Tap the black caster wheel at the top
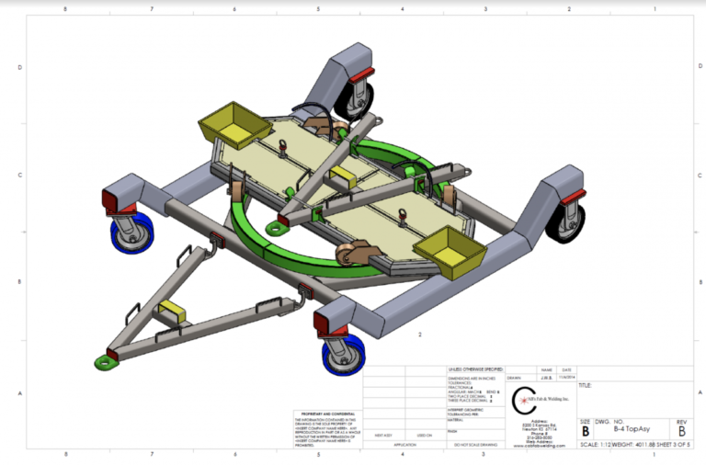click(356, 99)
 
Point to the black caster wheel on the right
click(564, 221)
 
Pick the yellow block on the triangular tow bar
click(171, 312)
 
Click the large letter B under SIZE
click(585, 430)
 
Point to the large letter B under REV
click(681, 430)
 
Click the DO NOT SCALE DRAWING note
click(475, 445)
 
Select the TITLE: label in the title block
click(586, 386)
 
